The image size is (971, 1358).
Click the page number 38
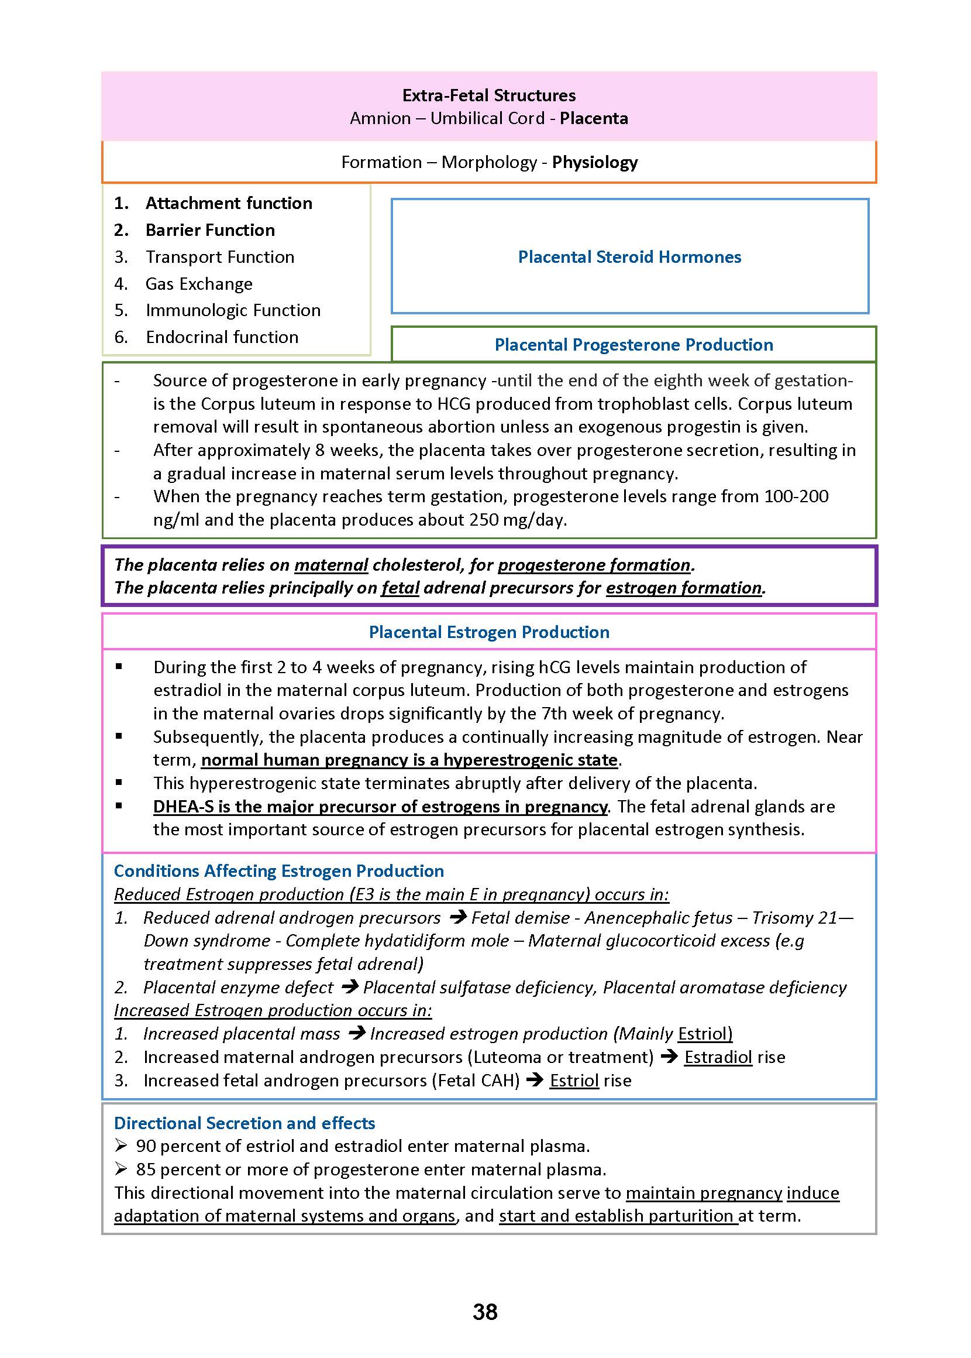[x=485, y=1312]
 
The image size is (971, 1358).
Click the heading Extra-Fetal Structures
[x=488, y=96]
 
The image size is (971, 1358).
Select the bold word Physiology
[x=594, y=162]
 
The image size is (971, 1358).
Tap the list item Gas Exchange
[x=198, y=283]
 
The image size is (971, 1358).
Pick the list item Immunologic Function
[x=233, y=310]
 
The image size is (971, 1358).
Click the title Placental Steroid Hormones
[x=629, y=256]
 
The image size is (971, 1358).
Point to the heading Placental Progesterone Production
[x=633, y=345]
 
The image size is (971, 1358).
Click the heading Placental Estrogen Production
[x=488, y=632]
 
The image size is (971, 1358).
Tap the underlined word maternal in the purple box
[x=330, y=565]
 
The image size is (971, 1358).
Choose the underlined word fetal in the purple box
[x=400, y=588]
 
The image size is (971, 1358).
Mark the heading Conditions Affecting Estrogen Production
[x=278, y=871]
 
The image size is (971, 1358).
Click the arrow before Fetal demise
[x=457, y=917]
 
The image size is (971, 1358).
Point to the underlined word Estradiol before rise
[x=718, y=1057]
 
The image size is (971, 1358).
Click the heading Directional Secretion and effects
[x=245, y=1123]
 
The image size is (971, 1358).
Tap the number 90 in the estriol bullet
[x=146, y=1146]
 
